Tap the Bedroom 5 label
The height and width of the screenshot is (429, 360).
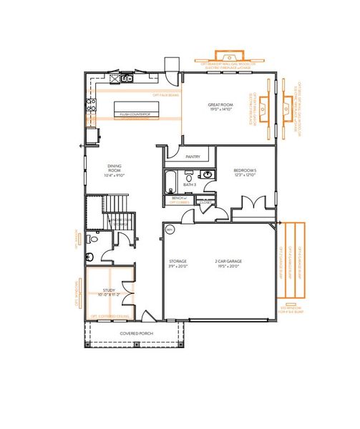pos(245,169)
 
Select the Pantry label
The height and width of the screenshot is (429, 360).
pos(192,156)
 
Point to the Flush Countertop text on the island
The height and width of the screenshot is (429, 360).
pos(134,113)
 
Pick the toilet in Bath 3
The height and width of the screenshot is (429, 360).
pos(190,174)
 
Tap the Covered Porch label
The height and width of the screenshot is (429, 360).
pos(134,334)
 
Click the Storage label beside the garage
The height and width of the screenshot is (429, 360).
pos(177,262)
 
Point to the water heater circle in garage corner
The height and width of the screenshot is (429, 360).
pos(170,230)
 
